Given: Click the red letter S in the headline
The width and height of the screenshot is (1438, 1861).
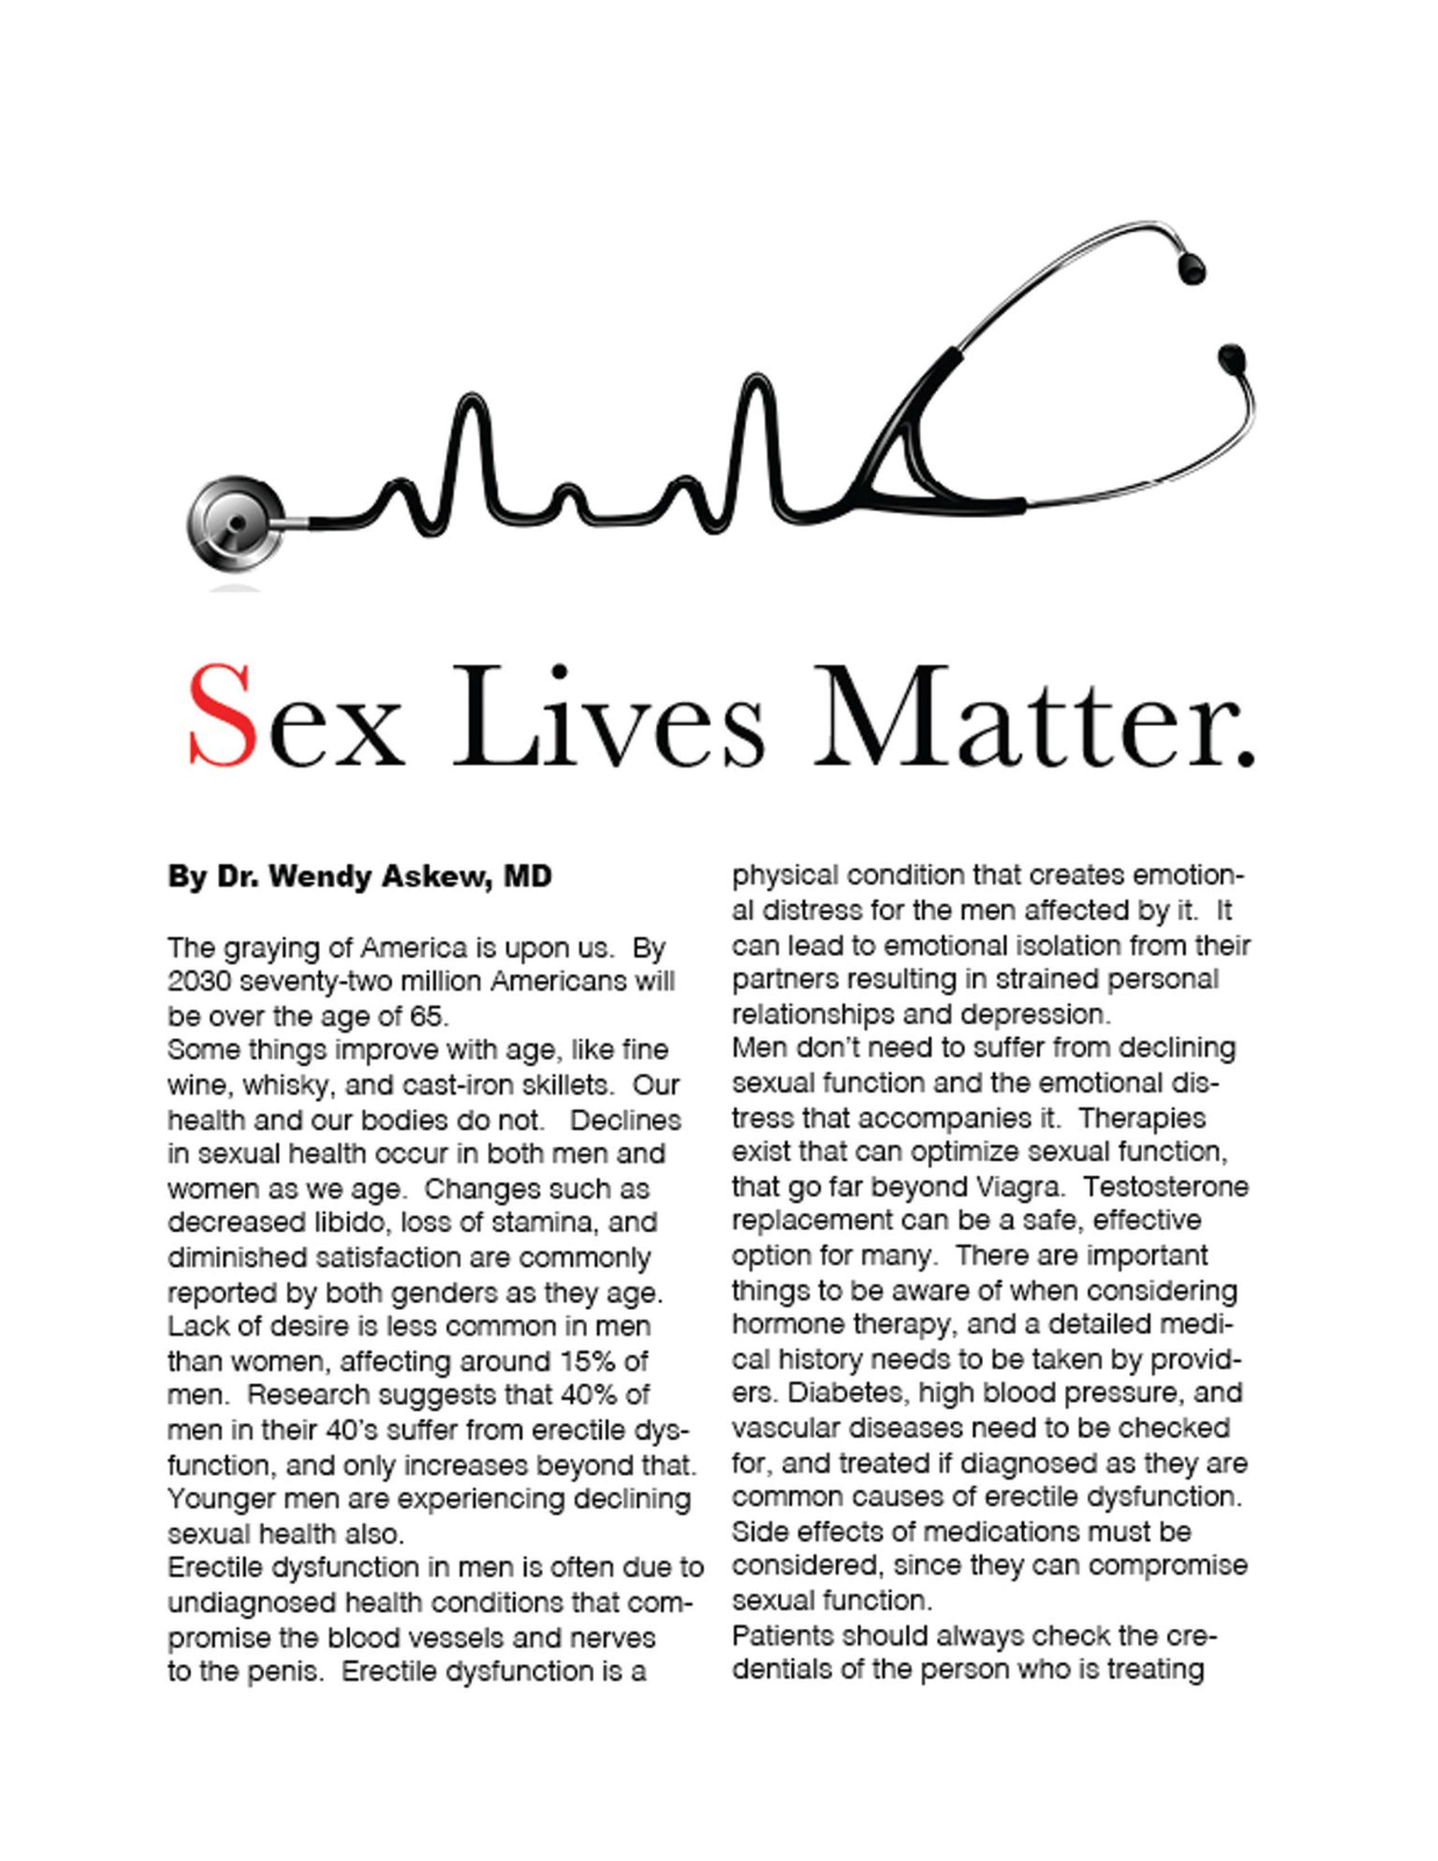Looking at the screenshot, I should coord(222,717).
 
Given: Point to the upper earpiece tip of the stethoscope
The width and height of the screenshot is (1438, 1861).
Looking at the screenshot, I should coord(1190,267).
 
